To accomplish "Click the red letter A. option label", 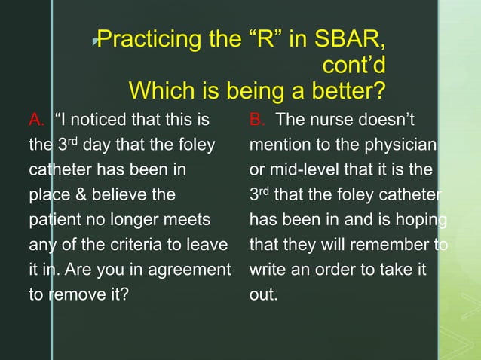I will coord(37,119).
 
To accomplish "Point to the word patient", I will coord(53,219).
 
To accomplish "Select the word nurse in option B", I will coord(334,119).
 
